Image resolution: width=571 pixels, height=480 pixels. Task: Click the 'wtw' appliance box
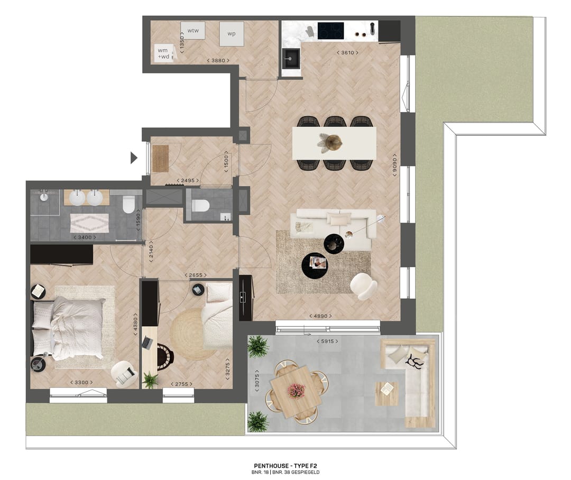click(x=192, y=31)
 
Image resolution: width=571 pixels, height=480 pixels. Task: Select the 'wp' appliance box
click(x=232, y=34)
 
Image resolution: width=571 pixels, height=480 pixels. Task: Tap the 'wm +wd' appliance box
click(x=163, y=53)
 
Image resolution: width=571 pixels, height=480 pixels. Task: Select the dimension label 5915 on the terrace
click(x=327, y=341)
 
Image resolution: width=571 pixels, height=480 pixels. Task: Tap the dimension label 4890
click(x=322, y=316)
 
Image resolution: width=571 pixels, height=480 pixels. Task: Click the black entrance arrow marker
click(x=134, y=157)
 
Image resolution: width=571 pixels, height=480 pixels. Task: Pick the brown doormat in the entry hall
click(x=160, y=158)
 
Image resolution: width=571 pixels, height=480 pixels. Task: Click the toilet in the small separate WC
click(x=201, y=205)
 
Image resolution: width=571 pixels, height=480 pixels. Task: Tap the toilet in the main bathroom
click(x=128, y=204)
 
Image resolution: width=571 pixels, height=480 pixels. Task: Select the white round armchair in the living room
click(x=364, y=286)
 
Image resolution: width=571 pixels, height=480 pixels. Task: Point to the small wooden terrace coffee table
click(x=386, y=393)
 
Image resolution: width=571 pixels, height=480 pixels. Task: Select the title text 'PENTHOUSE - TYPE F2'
click(x=285, y=465)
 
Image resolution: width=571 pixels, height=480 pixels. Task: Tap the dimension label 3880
click(x=218, y=61)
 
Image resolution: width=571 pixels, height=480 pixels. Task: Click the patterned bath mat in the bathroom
click(x=89, y=223)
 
